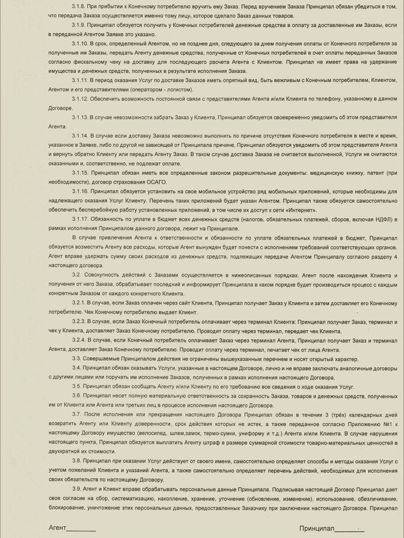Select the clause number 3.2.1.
point(80,302)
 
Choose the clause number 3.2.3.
point(80,321)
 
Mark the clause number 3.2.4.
point(80,340)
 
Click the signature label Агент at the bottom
point(58,528)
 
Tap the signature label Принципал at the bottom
point(317,528)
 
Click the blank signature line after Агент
point(82,530)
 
